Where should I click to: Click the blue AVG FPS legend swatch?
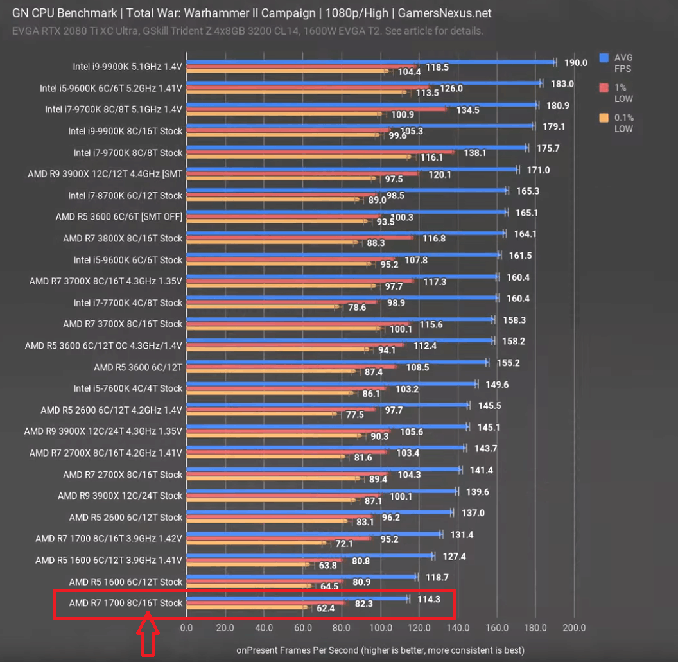click(x=604, y=58)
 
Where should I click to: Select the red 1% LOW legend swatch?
click(x=604, y=87)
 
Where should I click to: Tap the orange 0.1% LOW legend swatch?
click(x=604, y=118)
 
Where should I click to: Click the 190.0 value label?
click(x=576, y=63)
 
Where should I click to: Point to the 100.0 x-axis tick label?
click(x=381, y=627)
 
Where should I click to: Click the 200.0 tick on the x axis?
click(x=575, y=627)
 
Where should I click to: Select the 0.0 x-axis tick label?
click(x=187, y=627)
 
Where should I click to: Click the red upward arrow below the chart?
click(x=148, y=636)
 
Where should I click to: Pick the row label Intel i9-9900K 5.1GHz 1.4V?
click(x=128, y=67)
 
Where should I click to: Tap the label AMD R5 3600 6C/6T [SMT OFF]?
click(x=119, y=217)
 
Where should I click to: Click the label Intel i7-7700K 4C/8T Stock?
click(x=128, y=302)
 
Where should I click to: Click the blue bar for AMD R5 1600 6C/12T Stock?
click(x=302, y=577)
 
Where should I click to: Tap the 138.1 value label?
click(x=475, y=153)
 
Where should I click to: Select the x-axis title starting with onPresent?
click(x=380, y=650)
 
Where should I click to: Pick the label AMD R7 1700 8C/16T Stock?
click(x=126, y=603)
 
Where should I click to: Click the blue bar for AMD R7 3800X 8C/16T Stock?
click(x=345, y=234)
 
